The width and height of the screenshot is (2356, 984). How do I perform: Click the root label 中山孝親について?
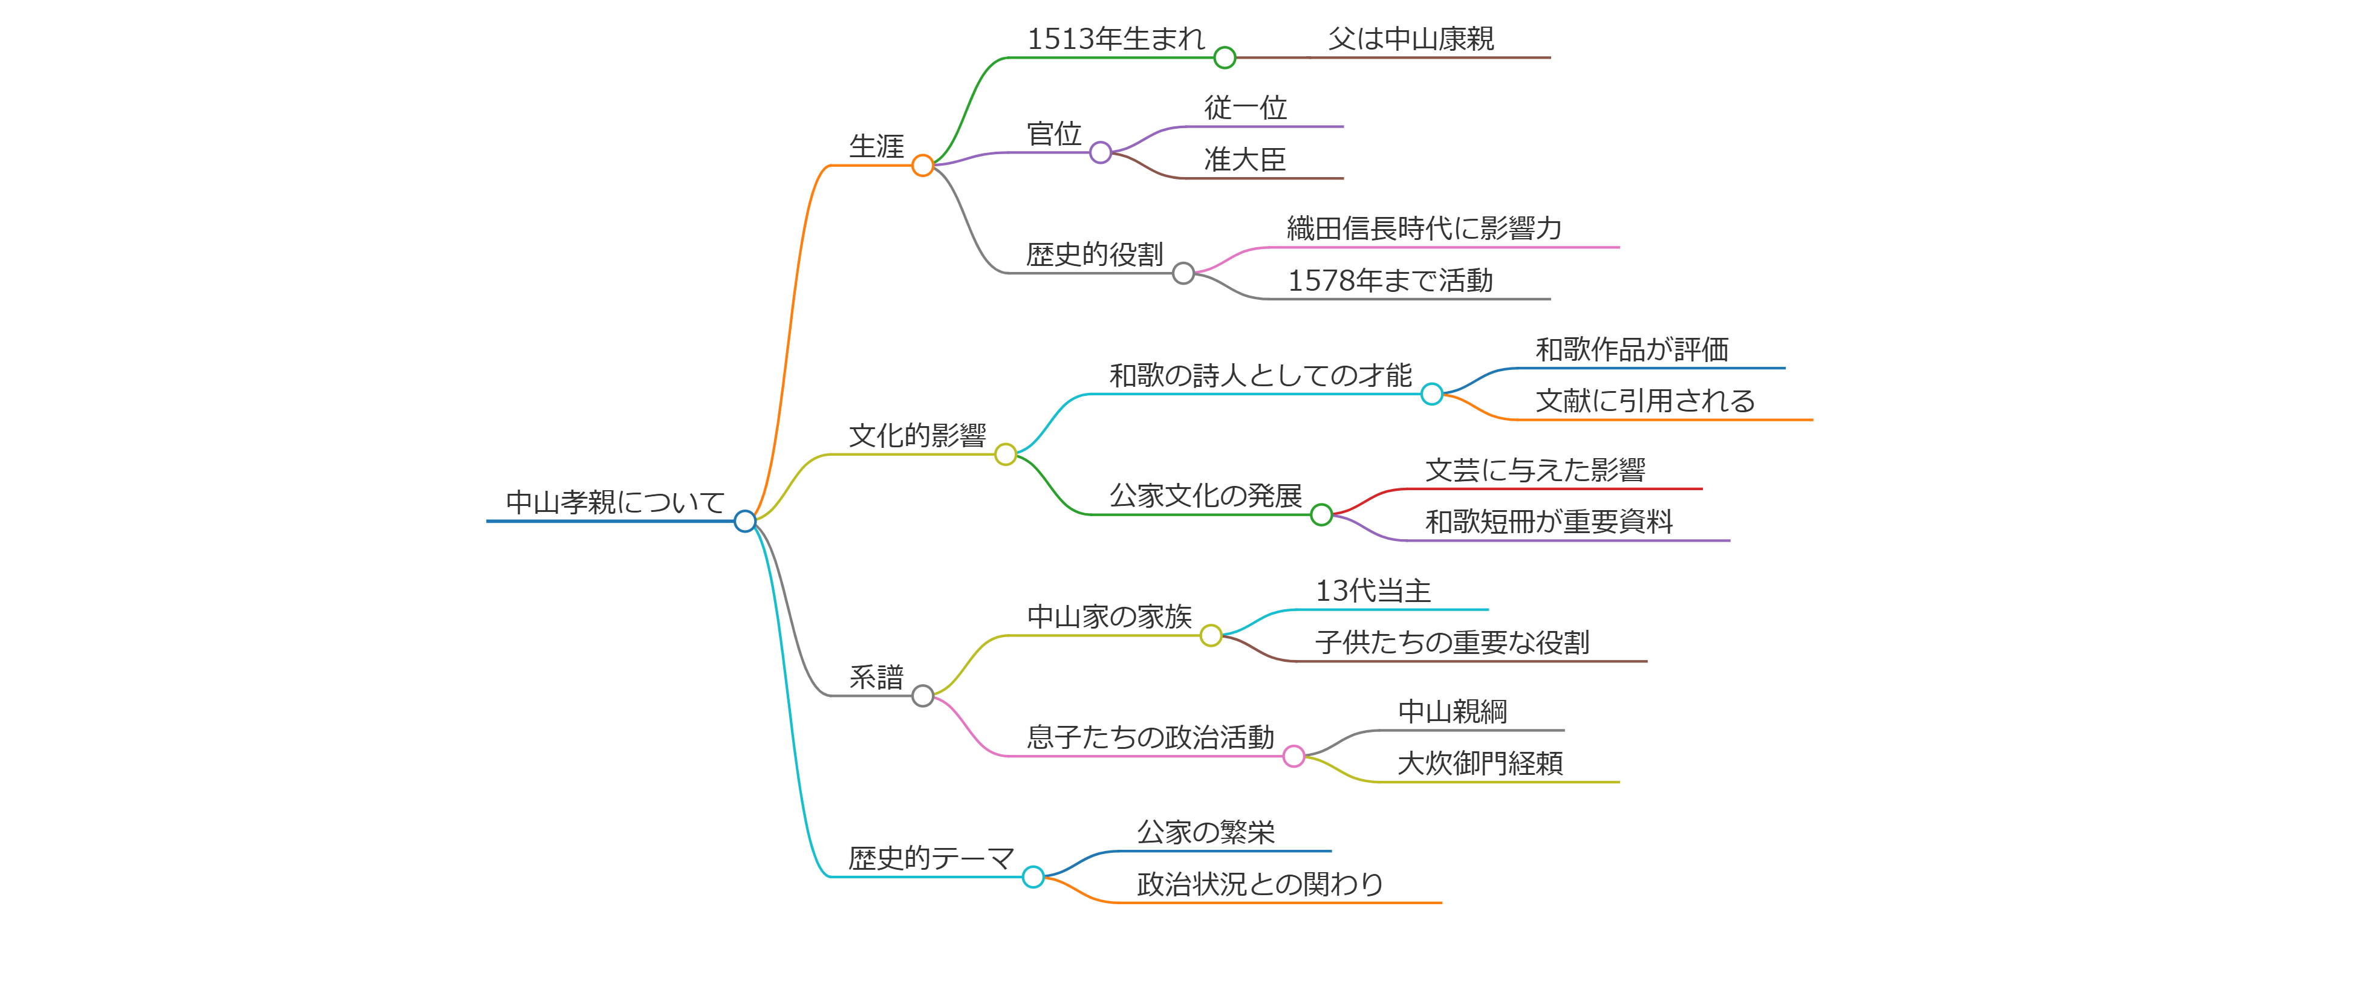point(614,502)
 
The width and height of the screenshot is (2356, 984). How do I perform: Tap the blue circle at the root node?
point(746,521)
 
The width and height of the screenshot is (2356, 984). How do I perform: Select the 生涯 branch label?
point(876,146)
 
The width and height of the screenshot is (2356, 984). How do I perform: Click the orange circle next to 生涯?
point(923,166)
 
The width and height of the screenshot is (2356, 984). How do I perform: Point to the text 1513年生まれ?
point(1116,39)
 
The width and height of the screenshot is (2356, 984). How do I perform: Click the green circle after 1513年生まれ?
point(1225,57)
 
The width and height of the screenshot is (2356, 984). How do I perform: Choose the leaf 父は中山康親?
point(1411,39)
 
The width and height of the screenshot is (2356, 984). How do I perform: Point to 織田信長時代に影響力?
point(1424,228)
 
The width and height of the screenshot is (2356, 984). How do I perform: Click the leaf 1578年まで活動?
point(1390,280)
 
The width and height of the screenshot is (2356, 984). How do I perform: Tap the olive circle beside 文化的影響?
point(1005,455)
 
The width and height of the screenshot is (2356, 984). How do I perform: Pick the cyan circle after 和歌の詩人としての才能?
point(1432,394)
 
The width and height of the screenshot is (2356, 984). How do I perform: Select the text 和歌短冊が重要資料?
point(1549,522)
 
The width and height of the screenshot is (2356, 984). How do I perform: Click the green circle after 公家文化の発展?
point(1321,515)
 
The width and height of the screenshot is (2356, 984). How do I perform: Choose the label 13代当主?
point(1373,592)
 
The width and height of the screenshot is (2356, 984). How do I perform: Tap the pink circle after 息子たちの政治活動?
point(1294,756)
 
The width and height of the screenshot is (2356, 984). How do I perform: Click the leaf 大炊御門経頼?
point(1480,763)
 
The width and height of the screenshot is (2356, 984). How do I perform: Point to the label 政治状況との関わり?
point(1260,884)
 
